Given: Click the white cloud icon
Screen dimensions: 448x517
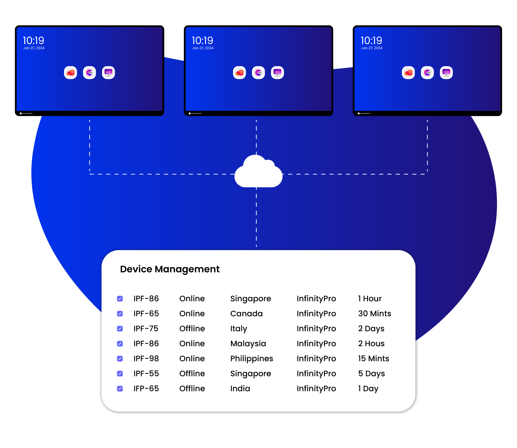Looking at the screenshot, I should coord(258,172).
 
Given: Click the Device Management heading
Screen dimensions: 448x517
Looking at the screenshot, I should coord(170,269).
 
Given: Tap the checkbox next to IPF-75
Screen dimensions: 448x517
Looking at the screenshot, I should coord(120,329).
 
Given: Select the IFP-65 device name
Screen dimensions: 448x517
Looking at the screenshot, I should coord(146,389).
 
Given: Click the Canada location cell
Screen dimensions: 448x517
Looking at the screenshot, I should coord(246,314).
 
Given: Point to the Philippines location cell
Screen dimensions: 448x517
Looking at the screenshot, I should coord(252,359).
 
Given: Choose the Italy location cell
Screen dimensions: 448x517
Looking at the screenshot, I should coord(239,329).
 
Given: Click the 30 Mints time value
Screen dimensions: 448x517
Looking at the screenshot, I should coord(374,314).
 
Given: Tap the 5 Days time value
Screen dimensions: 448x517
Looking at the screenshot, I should coord(371,374).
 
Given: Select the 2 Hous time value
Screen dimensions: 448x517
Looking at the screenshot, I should coord(371,344).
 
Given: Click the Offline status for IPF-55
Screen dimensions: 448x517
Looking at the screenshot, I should coord(192,374).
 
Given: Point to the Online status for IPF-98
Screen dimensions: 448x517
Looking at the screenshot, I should coord(192,359).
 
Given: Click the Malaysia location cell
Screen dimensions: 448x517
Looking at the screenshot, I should coord(248,344).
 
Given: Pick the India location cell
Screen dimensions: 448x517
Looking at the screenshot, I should coord(240,389).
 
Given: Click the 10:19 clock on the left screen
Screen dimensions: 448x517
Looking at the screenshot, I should coord(33,41).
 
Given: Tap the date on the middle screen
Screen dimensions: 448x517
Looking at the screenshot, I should coord(203,48).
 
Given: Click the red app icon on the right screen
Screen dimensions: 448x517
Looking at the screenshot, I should coord(408,73).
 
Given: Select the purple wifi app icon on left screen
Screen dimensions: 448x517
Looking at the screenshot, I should coord(109,73).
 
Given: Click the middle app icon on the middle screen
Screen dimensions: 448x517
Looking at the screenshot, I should coord(258,73).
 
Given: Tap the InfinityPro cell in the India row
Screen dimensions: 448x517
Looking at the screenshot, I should coord(316,389).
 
